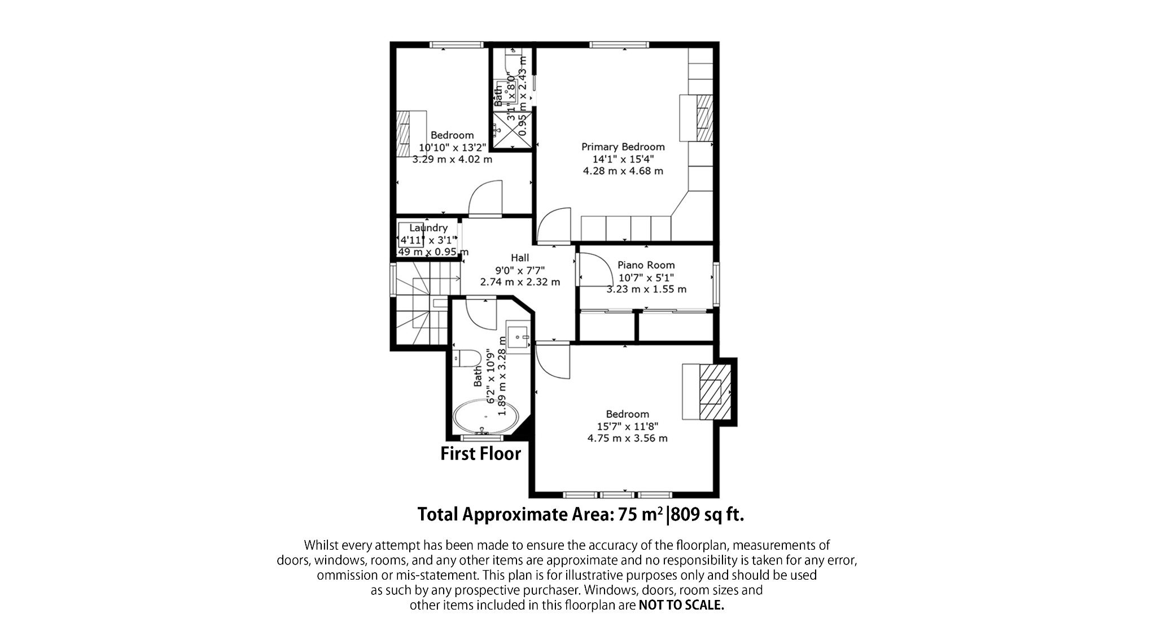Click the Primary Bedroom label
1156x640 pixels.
[623, 147]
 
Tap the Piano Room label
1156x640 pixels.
[646, 265]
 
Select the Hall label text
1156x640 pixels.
[520, 258]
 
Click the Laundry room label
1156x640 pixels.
[428, 228]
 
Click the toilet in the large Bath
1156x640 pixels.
[467, 357]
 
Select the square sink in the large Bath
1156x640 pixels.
[518, 337]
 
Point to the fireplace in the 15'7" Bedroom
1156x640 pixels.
[711, 391]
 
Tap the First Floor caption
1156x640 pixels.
[480, 453]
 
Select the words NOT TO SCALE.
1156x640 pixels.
[681, 606]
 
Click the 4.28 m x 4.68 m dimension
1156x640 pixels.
[623, 170]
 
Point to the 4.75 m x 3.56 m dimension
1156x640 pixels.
[628, 438]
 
